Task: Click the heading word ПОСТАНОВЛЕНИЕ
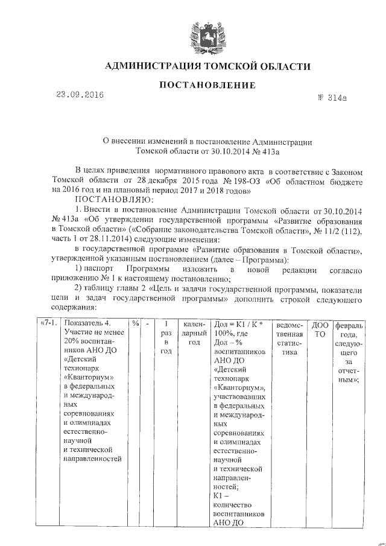tap(199, 86)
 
